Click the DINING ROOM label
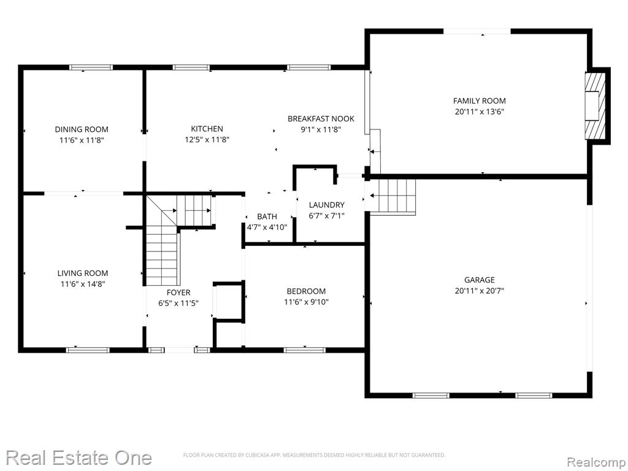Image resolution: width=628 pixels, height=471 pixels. [82, 129]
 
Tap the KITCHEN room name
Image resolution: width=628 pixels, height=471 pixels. [207, 129]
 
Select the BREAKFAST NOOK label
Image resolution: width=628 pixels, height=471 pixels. [321, 118]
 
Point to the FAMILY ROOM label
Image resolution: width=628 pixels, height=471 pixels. [480, 101]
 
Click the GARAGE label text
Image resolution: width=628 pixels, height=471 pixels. [480, 280]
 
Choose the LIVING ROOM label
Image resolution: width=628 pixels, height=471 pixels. [83, 273]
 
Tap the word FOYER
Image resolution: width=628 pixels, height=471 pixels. [178, 293]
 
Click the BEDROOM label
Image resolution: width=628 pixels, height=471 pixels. [306, 291]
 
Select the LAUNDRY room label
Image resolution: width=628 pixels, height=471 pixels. [326, 205]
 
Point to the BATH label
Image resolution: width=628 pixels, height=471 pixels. [267, 216]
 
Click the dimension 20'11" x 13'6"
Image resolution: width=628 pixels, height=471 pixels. [480, 112]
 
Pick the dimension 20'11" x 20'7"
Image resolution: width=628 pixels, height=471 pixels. [480, 291]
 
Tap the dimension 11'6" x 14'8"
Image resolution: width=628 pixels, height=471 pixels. [83, 284]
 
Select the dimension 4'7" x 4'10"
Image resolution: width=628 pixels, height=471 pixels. [267, 228]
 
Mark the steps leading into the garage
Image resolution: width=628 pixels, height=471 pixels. [392, 196]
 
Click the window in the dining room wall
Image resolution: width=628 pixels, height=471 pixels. [91, 67]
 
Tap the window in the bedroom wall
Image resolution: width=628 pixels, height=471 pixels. [305, 350]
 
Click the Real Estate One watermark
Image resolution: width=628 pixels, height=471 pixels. [79, 458]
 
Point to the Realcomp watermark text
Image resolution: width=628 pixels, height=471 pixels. [596, 462]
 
